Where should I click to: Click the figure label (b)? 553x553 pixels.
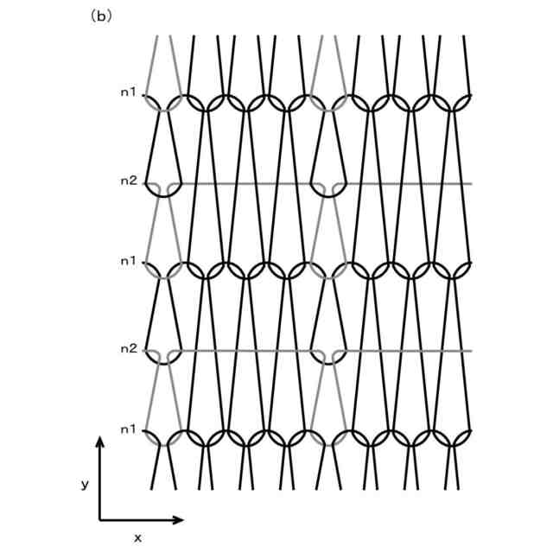(x=101, y=16)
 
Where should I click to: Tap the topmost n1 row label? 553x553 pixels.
(x=128, y=92)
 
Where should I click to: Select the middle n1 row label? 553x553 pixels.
(x=128, y=260)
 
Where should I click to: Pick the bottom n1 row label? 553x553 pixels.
(x=128, y=429)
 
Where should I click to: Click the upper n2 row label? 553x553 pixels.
(x=128, y=181)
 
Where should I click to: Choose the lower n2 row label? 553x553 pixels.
(x=128, y=349)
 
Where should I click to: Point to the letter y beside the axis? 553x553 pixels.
(x=85, y=485)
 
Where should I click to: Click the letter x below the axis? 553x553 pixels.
(x=137, y=537)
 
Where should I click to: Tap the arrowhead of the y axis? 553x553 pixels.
(x=100, y=442)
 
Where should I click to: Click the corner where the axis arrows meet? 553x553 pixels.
(x=100, y=520)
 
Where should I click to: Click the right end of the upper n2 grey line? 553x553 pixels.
(x=471, y=184)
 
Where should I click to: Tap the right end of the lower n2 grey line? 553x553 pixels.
(x=471, y=352)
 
